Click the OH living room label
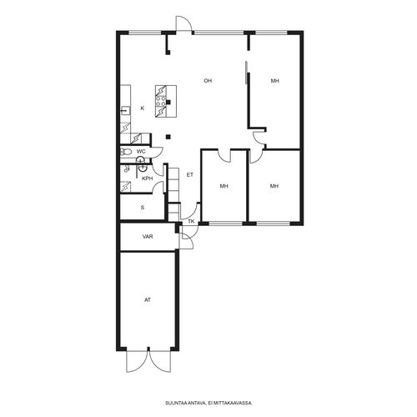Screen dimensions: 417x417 click(x=208, y=81)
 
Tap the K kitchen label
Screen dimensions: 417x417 click(x=143, y=108)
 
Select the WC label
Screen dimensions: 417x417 click(x=141, y=152)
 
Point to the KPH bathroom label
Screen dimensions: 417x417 click(x=148, y=178)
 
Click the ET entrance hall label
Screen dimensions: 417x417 click(x=190, y=175)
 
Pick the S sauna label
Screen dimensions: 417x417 click(x=143, y=208)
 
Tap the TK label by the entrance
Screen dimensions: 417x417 click(x=191, y=222)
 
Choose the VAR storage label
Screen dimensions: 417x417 click(x=148, y=237)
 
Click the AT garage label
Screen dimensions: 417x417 click(x=148, y=300)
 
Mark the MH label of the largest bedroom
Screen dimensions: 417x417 click(x=275, y=81)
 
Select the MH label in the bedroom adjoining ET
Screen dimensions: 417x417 click(x=224, y=186)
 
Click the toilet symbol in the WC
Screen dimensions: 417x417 click(x=126, y=152)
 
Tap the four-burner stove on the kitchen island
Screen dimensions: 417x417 click(x=161, y=101)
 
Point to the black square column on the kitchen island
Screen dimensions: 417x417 click(x=168, y=102)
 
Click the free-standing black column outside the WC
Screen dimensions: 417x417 click(x=168, y=137)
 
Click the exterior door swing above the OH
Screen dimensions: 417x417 click(x=184, y=23)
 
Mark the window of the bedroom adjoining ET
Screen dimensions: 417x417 click(x=226, y=224)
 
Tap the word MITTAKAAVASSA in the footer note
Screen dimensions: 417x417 click(x=237, y=403)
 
